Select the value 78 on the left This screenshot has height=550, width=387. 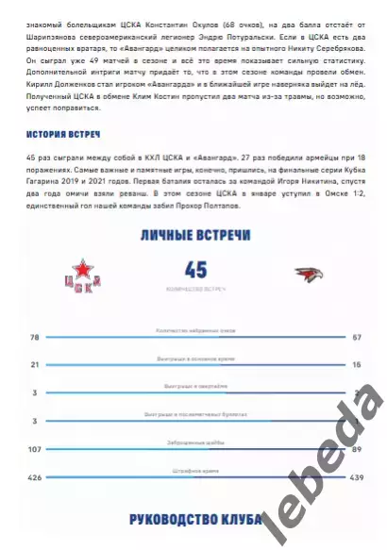pos(34,337)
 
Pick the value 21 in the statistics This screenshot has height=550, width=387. pos(34,363)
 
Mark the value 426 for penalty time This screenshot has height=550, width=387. pos(36,476)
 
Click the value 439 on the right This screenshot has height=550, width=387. pos(355,476)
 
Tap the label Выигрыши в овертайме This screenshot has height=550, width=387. pos(195,385)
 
